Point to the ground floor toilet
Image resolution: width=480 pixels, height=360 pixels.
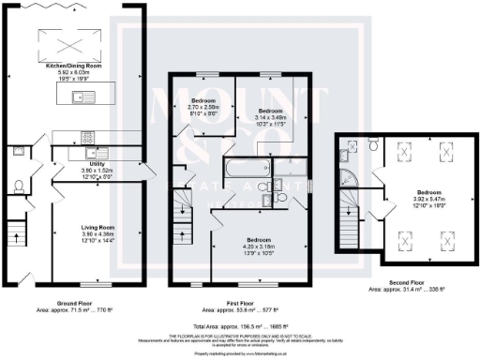point(19,185)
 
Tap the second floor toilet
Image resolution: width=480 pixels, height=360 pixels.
point(372,146)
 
